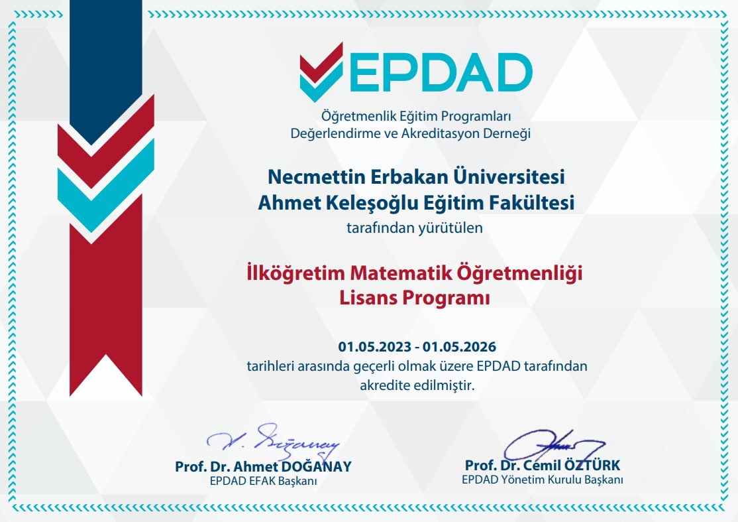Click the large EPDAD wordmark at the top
pos(441,72)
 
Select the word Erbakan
pos(409,177)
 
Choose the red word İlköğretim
pos(295,273)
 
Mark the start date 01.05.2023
pos(375,347)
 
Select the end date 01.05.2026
pos(459,347)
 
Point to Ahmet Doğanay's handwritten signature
pos(273,441)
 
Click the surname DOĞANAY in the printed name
pos(316,466)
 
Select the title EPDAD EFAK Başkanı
pos(263,482)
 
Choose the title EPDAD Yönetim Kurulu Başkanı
pos(542,480)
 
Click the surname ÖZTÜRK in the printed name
pos(592,465)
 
